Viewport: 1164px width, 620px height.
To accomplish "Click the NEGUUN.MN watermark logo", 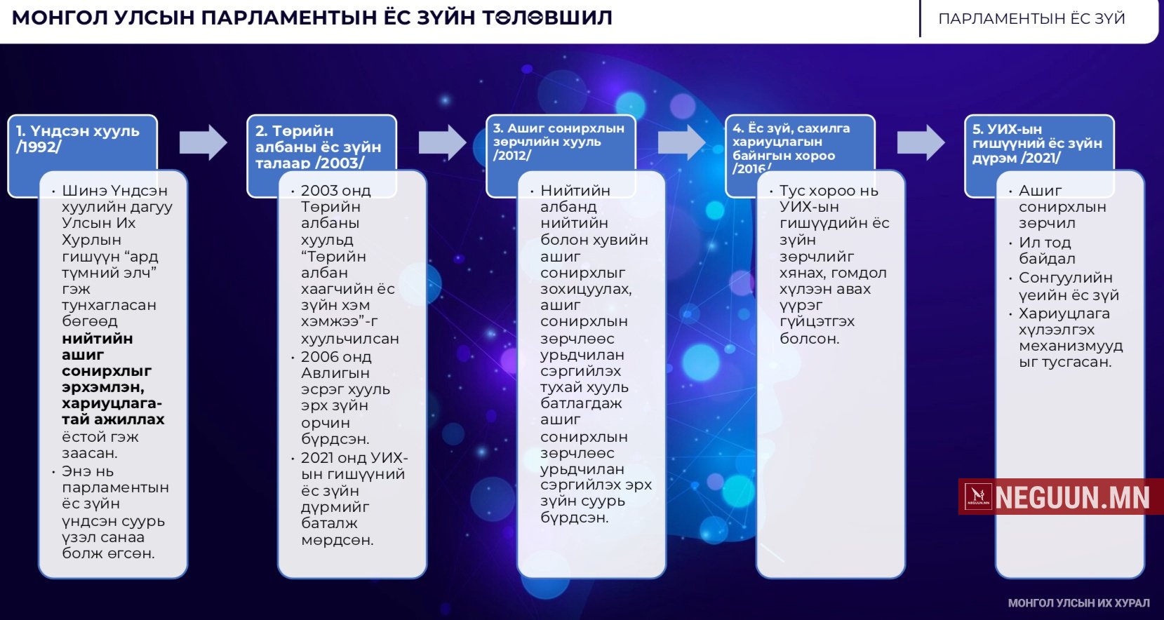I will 1060,497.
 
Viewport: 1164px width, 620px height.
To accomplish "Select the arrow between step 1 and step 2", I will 203,142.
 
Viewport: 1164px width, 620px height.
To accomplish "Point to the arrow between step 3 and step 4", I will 681,142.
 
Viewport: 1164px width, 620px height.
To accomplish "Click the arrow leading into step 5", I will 921,142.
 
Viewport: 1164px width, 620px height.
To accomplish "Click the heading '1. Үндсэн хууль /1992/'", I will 77,139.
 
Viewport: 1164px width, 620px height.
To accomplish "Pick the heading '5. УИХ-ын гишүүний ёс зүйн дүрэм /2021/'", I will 1036,143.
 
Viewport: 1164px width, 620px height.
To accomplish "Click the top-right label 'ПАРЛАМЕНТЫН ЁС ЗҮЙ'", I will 1031,19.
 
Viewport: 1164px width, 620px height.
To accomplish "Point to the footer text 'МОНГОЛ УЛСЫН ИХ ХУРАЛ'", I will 1078,603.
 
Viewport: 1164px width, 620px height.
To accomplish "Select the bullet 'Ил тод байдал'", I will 1046,250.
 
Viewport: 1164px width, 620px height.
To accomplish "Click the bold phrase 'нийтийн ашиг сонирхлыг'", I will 105,355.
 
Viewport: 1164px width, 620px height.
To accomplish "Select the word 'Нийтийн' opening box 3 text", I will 575,191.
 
